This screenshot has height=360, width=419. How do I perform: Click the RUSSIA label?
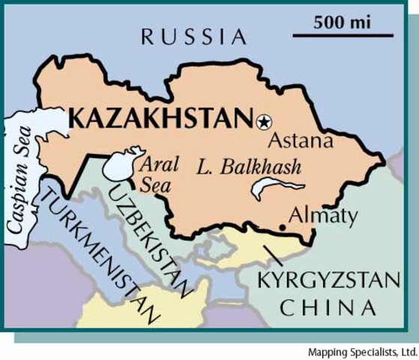tap(193, 36)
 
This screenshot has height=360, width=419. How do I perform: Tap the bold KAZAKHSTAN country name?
tap(161, 118)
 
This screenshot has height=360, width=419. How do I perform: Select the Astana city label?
tap(300, 140)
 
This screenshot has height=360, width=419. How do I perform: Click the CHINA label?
tap(327, 307)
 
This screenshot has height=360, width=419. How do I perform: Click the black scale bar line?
tap(342, 34)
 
